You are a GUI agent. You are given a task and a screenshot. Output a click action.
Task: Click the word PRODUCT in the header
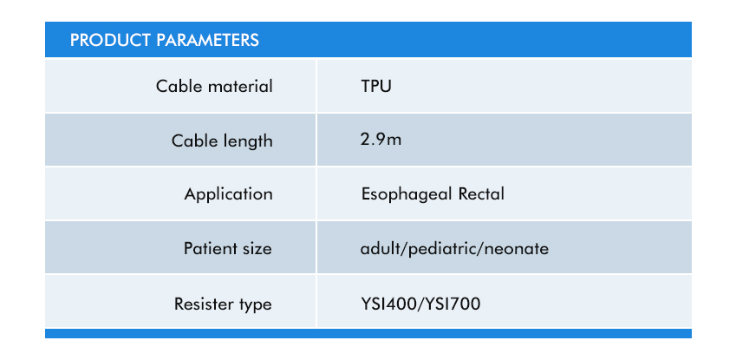[x=110, y=40]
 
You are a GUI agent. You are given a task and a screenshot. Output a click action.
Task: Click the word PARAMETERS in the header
[x=207, y=40]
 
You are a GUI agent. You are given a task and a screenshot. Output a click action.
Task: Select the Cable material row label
[x=214, y=87]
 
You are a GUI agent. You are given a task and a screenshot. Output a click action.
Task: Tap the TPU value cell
[x=376, y=87]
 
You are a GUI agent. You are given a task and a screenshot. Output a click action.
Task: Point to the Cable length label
[x=222, y=141]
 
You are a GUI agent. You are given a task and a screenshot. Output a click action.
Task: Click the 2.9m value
[x=381, y=140]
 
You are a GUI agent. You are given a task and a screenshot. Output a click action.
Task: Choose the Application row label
[x=228, y=194]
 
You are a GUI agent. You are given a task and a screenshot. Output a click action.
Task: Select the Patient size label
[x=228, y=248]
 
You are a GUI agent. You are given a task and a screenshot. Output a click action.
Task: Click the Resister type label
[x=223, y=304]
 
